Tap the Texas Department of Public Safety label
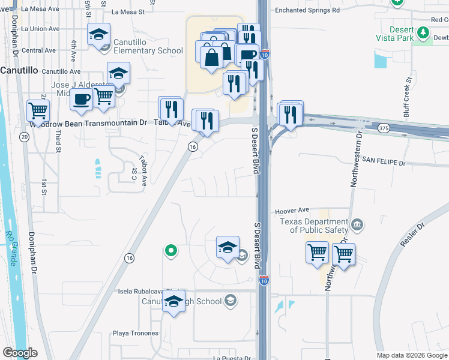(313, 225)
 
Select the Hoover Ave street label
(292, 211)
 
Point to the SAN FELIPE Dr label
(383, 163)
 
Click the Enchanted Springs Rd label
(307, 10)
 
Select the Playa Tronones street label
(136, 333)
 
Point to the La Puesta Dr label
(231, 358)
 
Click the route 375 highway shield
(384, 128)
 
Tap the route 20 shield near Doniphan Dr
(24, 137)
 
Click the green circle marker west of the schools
(170, 251)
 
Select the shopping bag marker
(211, 58)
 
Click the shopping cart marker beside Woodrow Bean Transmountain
(38, 110)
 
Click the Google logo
(19, 353)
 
